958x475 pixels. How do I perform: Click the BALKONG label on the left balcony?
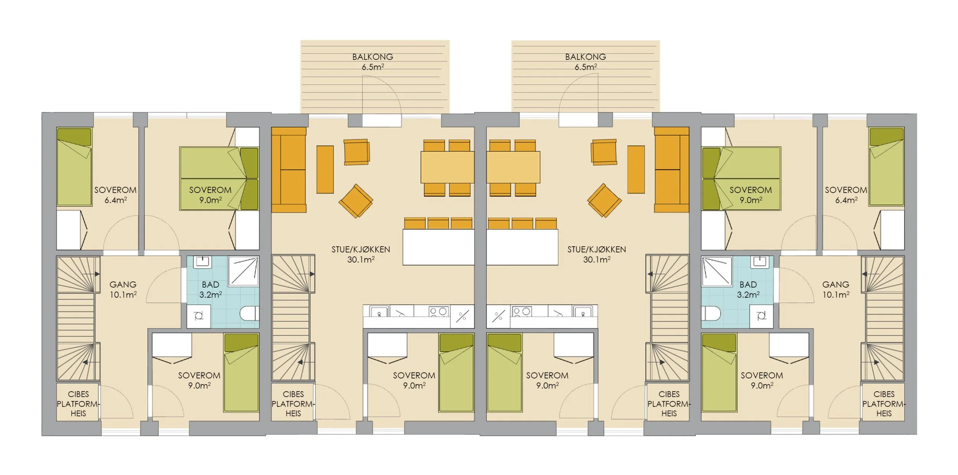click(x=372, y=57)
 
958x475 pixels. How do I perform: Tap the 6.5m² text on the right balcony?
click(x=586, y=67)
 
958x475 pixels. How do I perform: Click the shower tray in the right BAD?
click(x=717, y=272)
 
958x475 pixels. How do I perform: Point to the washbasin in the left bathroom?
click(x=202, y=262)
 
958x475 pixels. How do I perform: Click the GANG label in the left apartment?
click(x=123, y=285)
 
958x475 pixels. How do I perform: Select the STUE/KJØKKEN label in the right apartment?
click(x=596, y=249)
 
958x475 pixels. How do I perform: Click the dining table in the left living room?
click(x=447, y=167)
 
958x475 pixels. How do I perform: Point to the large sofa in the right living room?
click(x=671, y=170)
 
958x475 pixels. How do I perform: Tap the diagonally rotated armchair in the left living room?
click(x=356, y=201)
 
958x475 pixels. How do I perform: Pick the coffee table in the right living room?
click(x=636, y=169)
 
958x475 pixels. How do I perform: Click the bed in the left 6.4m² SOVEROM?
click(x=74, y=167)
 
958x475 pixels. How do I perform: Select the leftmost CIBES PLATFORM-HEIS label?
click(x=78, y=404)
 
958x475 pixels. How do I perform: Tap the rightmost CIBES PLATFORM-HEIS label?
click(x=884, y=404)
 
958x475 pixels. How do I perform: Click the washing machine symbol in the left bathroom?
click(x=198, y=316)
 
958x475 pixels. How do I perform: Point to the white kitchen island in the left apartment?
click(x=438, y=247)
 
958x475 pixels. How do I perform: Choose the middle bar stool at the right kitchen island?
click(x=522, y=223)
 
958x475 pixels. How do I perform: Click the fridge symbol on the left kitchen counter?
click(x=462, y=316)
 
